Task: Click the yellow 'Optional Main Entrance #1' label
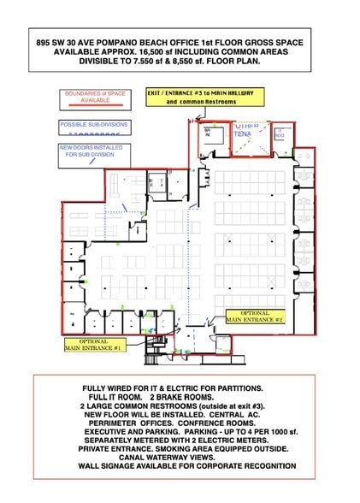click(x=96, y=345)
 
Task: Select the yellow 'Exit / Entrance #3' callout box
click(x=204, y=96)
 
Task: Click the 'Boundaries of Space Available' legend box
click(x=94, y=97)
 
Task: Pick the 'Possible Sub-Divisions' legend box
click(x=94, y=127)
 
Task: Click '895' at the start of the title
click(x=44, y=39)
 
